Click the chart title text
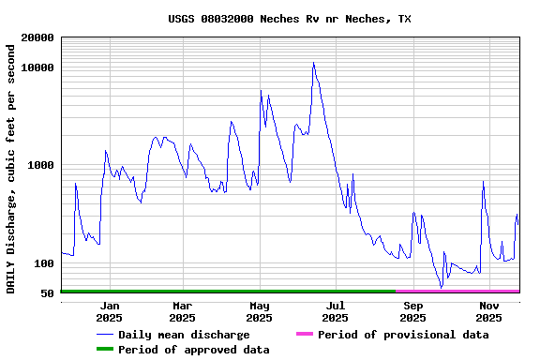coord(290,19)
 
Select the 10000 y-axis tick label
coord(37,68)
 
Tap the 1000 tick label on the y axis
coord(41,166)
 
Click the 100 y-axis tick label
coord(44,263)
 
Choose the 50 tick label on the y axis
coord(48,293)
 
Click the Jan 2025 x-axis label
coord(110,311)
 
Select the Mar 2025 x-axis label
coord(183,311)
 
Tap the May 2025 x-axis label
coord(260,311)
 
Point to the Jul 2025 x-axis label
coord(336,311)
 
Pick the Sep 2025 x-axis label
coord(412,311)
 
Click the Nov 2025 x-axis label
coord(488,311)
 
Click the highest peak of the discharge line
coord(313,63)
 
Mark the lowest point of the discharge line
coord(441,287)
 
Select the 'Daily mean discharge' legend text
coord(184,335)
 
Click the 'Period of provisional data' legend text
coord(403,335)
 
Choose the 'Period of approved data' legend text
coord(193,350)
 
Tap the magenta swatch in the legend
coord(304,334)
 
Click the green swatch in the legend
coord(104,349)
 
